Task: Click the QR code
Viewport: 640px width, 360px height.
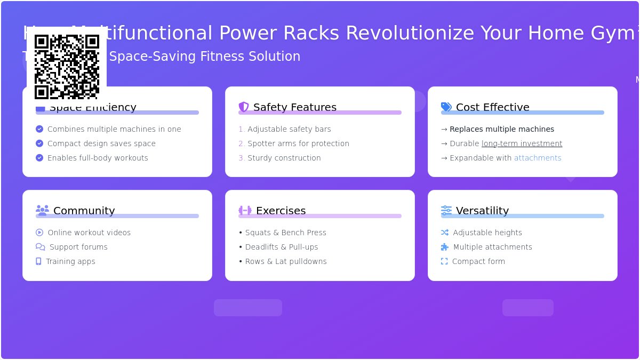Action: click(67, 67)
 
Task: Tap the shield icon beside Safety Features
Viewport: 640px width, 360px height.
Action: click(244, 107)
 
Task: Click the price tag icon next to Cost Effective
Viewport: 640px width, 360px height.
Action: click(446, 107)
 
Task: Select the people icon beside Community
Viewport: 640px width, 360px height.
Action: click(42, 210)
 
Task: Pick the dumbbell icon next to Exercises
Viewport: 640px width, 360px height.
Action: click(245, 210)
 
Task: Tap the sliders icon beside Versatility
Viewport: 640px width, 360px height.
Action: click(446, 210)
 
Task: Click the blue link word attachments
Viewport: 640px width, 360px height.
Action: click(538, 158)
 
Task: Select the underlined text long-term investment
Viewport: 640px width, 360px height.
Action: click(522, 143)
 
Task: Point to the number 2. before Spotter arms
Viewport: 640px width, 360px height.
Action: click(242, 143)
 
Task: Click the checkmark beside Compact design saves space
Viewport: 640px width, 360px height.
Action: click(39, 143)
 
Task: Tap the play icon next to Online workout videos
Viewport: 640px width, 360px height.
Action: click(39, 233)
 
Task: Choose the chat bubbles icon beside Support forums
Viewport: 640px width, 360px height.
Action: click(41, 247)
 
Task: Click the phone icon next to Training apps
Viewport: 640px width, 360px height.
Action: click(38, 261)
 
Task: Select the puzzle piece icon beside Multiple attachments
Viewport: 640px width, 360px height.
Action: click(445, 247)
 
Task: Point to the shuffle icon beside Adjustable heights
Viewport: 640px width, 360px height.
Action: click(445, 233)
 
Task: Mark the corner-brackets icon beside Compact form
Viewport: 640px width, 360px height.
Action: click(444, 261)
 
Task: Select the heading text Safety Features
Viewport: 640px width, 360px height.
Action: click(295, 107)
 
